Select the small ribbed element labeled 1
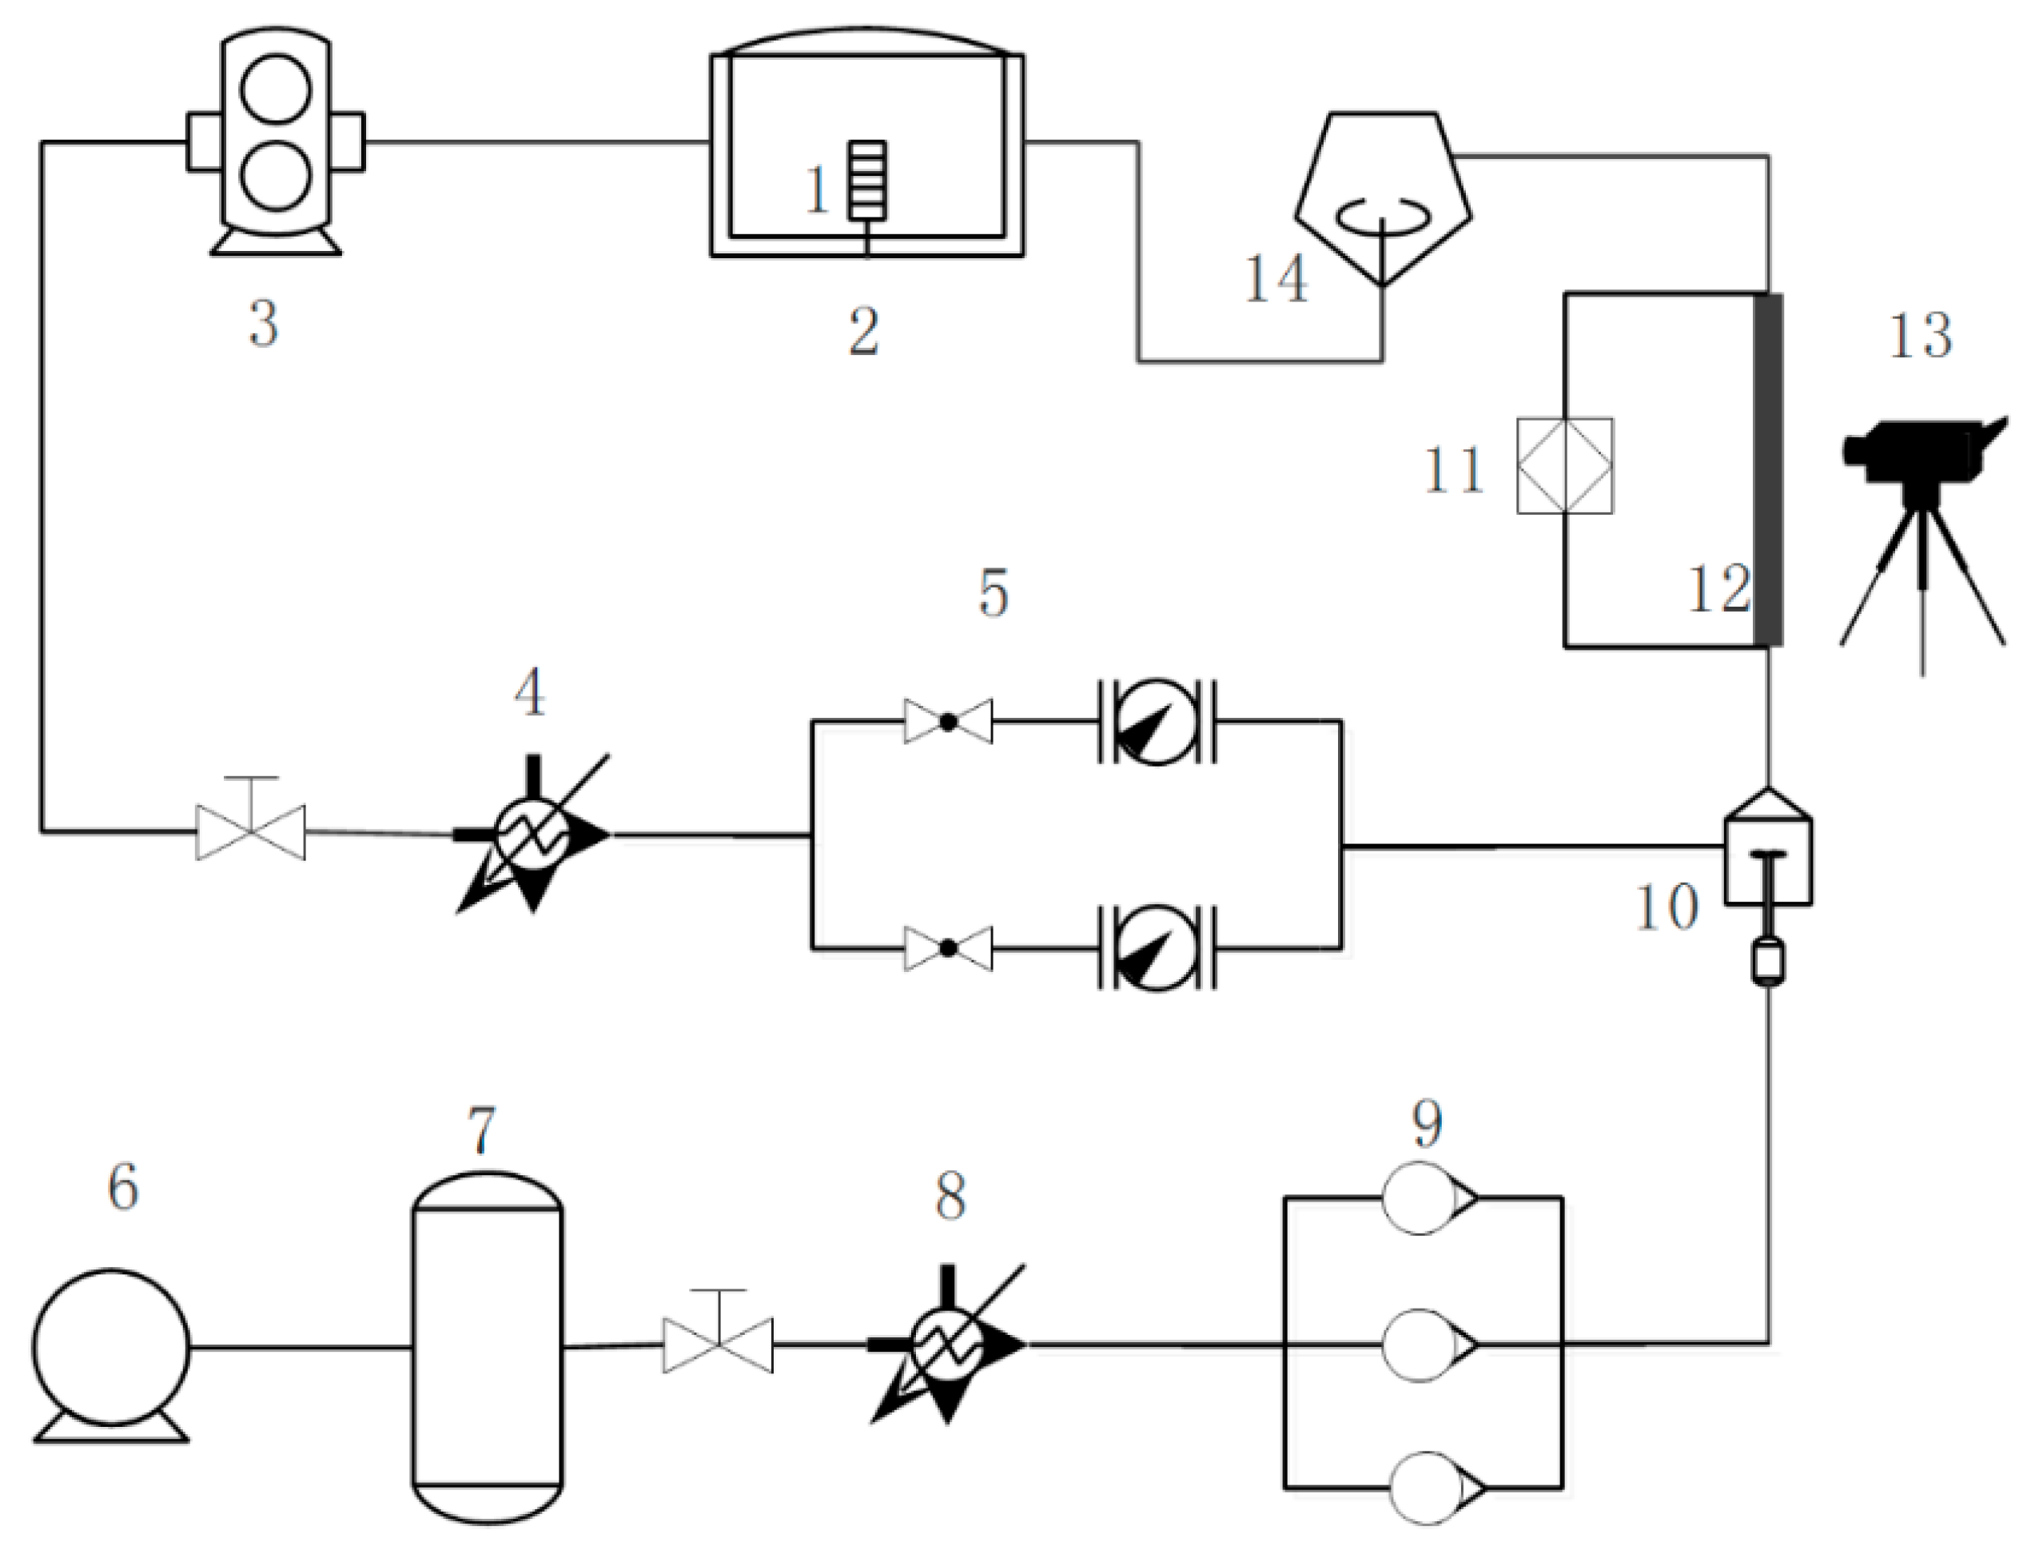point(867,180)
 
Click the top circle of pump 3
point(276,89)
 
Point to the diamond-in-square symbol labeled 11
point(1565,466)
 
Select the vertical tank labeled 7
point(488,1349)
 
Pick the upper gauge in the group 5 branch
point(1156,721)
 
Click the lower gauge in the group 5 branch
point(1156,948)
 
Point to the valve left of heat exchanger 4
point(251,830)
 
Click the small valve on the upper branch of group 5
point(948,721)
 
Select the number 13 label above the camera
point(1920,336)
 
